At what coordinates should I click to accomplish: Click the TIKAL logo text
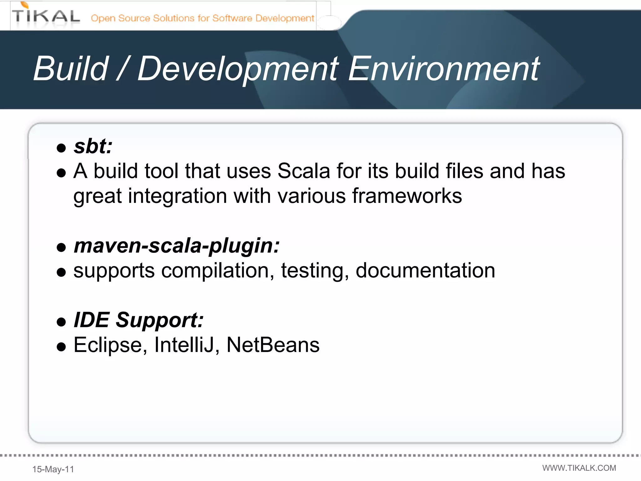pos(46,16)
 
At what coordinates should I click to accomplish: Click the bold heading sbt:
pos(93,146)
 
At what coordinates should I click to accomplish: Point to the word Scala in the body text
pos(304,171)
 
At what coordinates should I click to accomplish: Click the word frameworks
pos(407,196)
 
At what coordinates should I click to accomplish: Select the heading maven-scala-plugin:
pos(177,246)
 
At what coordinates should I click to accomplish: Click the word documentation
pos(425,271)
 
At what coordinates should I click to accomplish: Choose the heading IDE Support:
pos(138,320)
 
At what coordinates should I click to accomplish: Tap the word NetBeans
pos(273,345)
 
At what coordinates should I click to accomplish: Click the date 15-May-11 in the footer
pos(53,469)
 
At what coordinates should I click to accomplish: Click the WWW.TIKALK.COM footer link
pos(579,468)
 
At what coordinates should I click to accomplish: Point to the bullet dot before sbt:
pos(61,148)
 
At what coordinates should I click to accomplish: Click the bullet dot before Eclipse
pos(61,347)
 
